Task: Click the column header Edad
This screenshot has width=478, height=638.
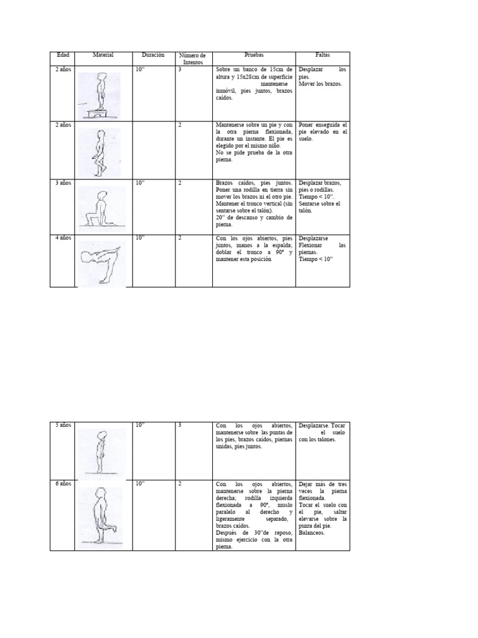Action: click(62, 55)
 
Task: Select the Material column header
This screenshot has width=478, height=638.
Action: click(103, 55)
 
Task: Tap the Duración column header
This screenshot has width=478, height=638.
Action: click(153, 55)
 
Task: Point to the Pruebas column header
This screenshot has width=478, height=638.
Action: click(254, 55)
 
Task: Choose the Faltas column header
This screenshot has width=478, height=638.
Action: click(322, 55)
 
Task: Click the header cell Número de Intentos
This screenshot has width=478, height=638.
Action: click(192, 59)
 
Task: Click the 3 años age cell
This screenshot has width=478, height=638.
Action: click(62, 183)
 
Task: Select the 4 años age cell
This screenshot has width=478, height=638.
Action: click(62, 238)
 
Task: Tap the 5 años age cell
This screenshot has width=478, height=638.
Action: click(62, 425)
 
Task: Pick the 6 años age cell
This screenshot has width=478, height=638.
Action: click(62, 483)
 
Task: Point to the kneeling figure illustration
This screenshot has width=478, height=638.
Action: click(100, 209)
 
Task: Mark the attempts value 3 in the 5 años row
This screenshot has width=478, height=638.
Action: click(180, 425)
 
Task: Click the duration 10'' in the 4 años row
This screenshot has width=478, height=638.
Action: click(140, 238)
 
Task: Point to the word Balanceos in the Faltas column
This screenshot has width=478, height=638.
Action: click(312, 533)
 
